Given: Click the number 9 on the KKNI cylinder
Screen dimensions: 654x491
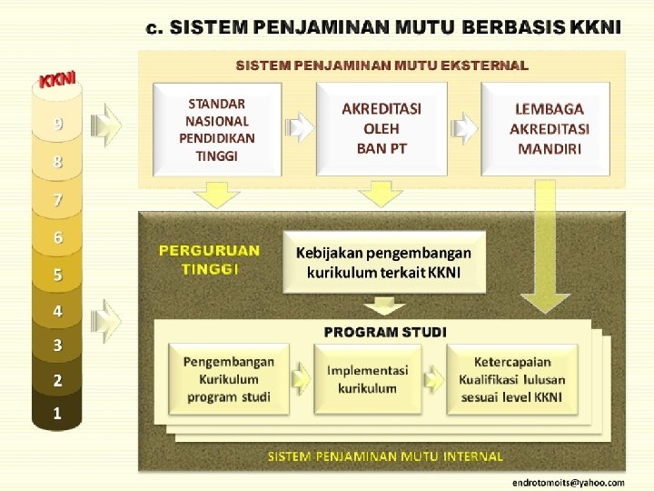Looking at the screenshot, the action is click(x=58, y=125).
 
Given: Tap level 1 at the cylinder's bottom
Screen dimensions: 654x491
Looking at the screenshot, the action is click(x=57, y=414).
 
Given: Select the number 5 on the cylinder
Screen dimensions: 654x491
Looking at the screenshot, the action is click(x=58, y=274).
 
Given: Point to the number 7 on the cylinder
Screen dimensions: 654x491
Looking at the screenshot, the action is click(x=58, y=200).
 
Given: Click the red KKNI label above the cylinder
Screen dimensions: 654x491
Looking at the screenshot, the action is click(x=56, y=79).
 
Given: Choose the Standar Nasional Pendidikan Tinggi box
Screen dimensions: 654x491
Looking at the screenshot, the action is click(x=217, y=129).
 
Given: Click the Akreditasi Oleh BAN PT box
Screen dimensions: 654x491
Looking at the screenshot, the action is click(x=381, y=128).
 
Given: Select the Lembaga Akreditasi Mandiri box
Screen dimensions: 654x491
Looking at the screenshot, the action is click(x=549, y=128).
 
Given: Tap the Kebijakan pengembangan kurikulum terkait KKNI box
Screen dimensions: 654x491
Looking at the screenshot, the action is click(x=383, y=262).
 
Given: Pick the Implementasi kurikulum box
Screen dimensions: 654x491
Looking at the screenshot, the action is click(x=367, y=379).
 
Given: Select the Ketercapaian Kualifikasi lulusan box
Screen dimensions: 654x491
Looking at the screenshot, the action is click(x=511, y=379).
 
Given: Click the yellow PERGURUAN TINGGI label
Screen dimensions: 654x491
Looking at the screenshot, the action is click(x=209, y=258).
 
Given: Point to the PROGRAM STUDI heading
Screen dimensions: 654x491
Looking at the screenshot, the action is click(x=385, y=332).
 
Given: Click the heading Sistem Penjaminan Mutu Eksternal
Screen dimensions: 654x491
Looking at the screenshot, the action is click(x=381, y=65).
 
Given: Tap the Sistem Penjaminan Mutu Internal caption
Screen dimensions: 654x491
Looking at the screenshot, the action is click(x=385, y=456).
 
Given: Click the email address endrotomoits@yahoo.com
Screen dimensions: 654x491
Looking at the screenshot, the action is click(x=568, y=482).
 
